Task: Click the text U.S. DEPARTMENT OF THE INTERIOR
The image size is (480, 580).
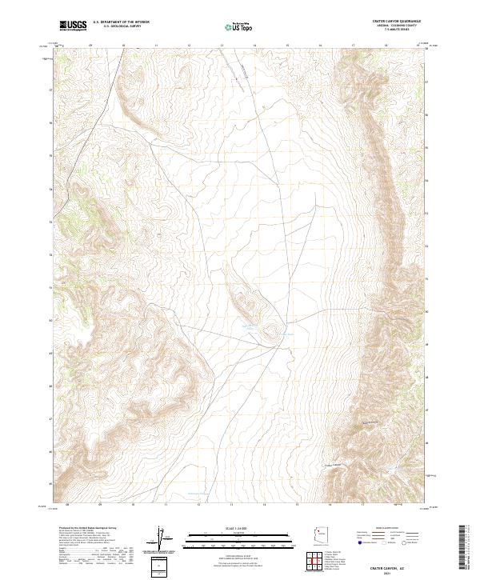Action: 121,22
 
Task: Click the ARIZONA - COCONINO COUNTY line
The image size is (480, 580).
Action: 398,26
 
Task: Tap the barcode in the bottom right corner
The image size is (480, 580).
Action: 467,549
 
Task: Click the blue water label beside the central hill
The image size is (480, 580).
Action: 250,326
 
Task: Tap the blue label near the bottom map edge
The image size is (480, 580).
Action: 197,494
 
